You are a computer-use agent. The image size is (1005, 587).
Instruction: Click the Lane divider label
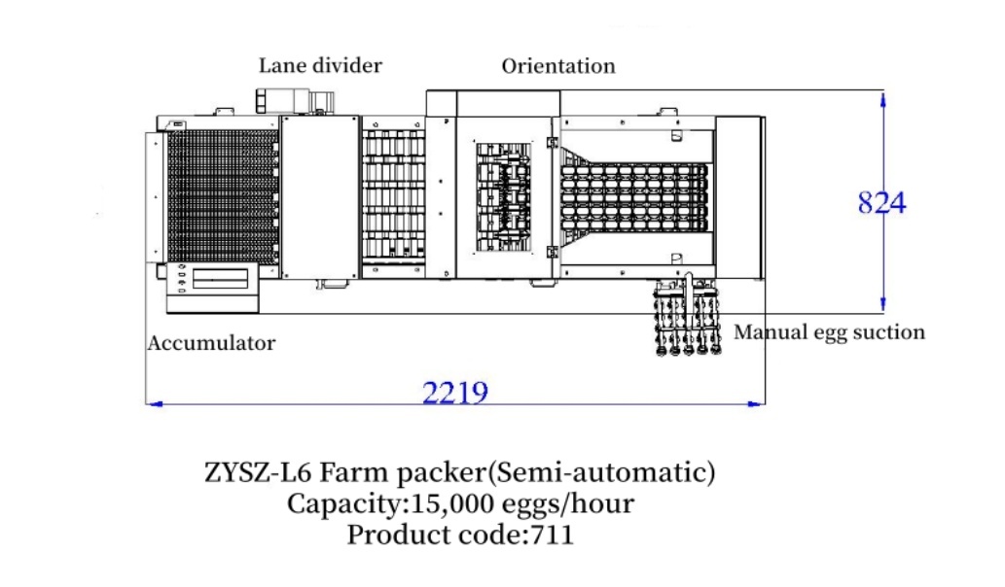tap(320, 65)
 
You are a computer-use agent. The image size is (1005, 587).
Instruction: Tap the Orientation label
tap(558, 66)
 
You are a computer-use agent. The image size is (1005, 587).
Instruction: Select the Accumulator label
tap(211, 343)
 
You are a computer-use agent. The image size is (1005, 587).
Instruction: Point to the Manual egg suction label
tap(829, 332)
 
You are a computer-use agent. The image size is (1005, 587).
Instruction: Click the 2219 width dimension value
tap(455, 392)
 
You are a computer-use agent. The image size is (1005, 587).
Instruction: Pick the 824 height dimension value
tap(882, 203)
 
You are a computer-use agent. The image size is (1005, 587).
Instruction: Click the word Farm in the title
tap(354, 473)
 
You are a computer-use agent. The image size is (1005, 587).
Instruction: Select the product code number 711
tap(552, 535)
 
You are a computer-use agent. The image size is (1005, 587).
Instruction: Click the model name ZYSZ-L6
tap(258, 473)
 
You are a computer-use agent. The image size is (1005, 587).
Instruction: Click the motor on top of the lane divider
tap(295, 101)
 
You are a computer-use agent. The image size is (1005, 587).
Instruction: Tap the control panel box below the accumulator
tap(213, 288)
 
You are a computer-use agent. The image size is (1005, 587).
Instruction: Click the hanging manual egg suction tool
tap(687, 315)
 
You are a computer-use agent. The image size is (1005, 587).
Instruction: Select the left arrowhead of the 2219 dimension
tap(154, 404)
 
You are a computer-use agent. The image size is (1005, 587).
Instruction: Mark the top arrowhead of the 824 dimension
tap(883, 99)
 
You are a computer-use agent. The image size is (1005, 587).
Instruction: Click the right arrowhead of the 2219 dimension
tap(757, 404)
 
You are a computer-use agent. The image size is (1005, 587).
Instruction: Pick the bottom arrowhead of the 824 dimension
tap(883, 305)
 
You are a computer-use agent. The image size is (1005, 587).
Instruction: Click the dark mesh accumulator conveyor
tap(222, 195)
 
